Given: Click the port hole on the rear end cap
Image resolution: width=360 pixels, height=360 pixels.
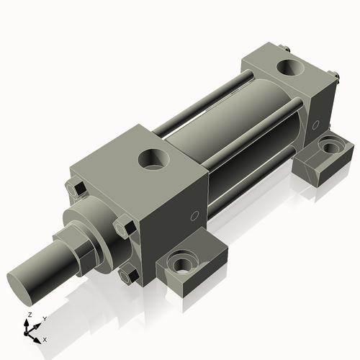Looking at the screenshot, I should pyautogui.click(x=292, y=68).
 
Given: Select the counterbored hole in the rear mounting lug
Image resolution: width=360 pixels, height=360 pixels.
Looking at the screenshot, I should pyautogui.click(x=330, y=147).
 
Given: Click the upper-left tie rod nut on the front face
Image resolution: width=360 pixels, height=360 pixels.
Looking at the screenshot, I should pyautogui.click(x=78, y=190).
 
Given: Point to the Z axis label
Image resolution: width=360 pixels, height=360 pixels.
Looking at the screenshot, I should pyautogui.click(x=28, y=315).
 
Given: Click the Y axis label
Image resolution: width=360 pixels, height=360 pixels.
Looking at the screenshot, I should pyautogui.click(x=44, y=318).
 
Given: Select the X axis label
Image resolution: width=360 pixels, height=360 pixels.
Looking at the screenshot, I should pyautogui.click(x=45, y=338).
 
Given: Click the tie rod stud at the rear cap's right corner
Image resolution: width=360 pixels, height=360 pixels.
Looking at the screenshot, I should pyautogui.click(x=335, y=75).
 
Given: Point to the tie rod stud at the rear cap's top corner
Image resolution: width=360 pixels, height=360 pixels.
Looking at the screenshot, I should pyautogui.click(x=287, y=49).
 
